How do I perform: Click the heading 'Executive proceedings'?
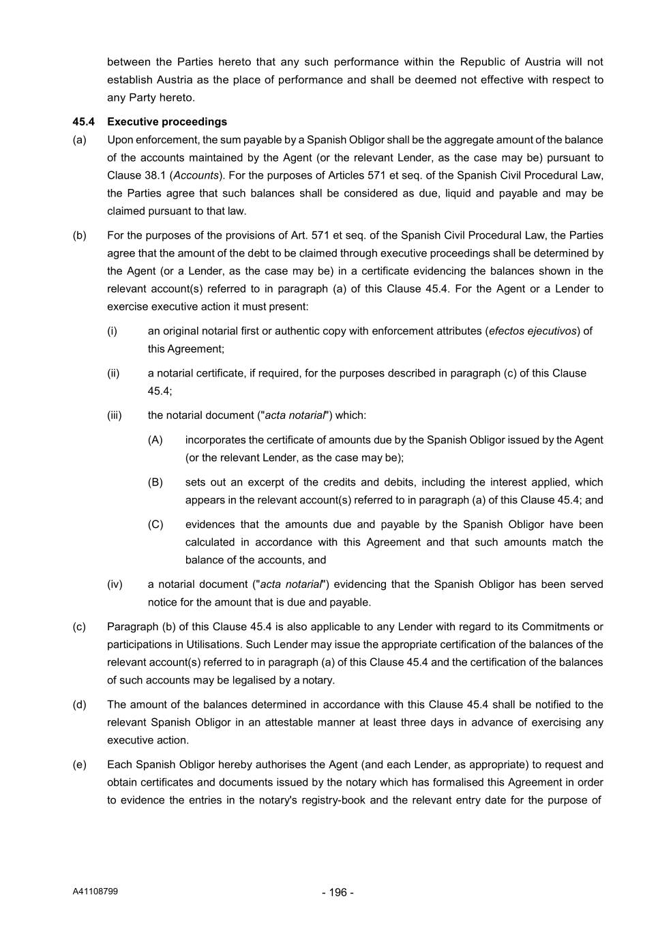(167, 122)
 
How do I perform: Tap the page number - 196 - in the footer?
(338, 892)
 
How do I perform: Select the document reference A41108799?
(95, 891)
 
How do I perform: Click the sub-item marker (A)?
(155, 440)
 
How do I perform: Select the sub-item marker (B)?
(155, 482)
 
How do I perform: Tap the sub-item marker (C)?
(155, 524)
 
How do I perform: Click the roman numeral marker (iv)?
(115, 585)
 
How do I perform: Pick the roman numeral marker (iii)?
(115, 415)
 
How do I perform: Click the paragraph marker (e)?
(79, 765)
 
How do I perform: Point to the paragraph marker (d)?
(79, 705)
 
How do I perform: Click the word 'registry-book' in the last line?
(333, 800)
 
